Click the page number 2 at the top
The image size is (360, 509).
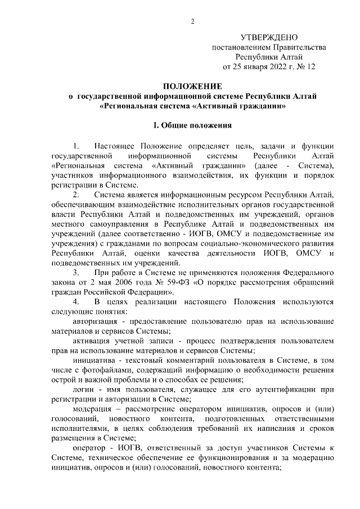click(192, 22)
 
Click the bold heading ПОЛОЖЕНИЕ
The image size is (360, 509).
click(192, 86)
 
